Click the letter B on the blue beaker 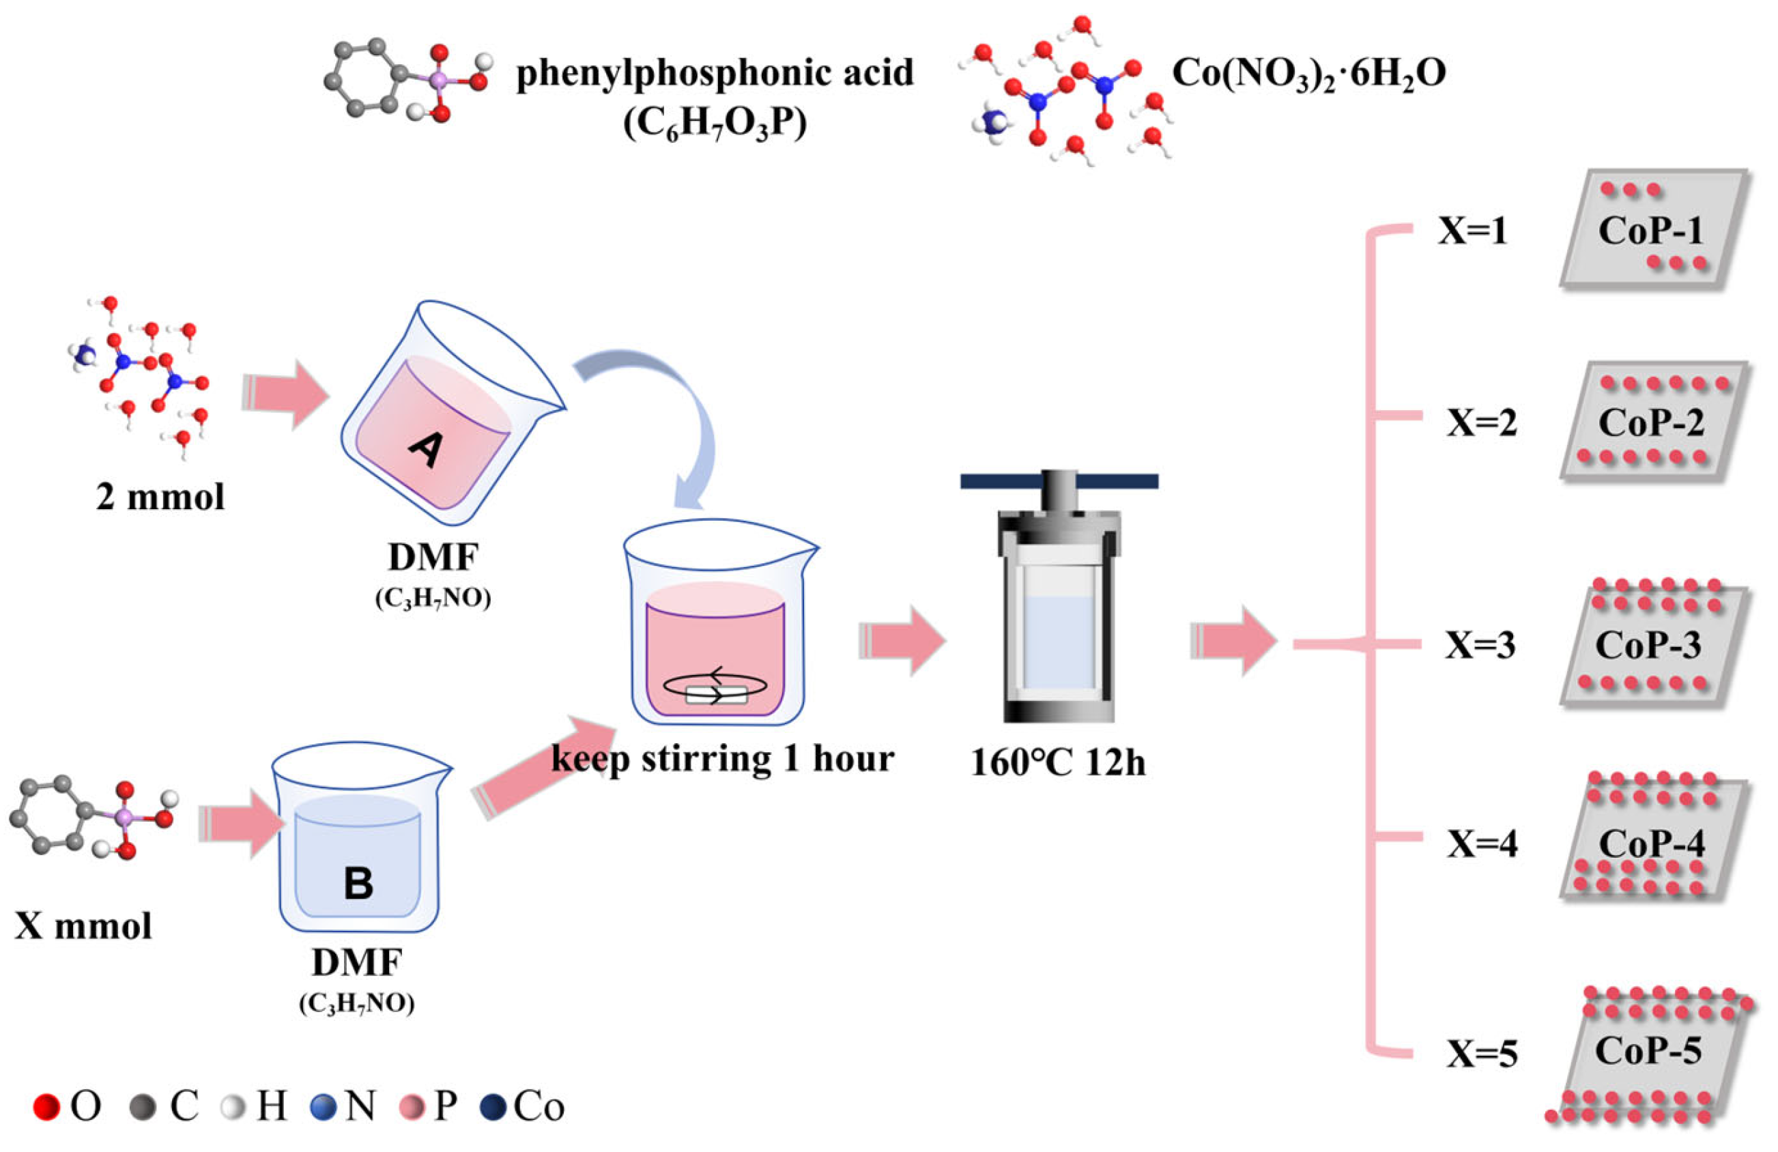coord(358,883)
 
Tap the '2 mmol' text coord(160,497)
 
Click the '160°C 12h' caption coord(1058,763)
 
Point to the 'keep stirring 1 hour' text coord(722,759)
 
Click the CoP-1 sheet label coord(1650,229)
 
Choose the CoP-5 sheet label coord(1648,1052)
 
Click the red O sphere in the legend coord(46,1107)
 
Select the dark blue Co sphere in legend coord(493,1107)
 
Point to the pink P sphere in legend coord(412,1107)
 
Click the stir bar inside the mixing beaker coord(716,695)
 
